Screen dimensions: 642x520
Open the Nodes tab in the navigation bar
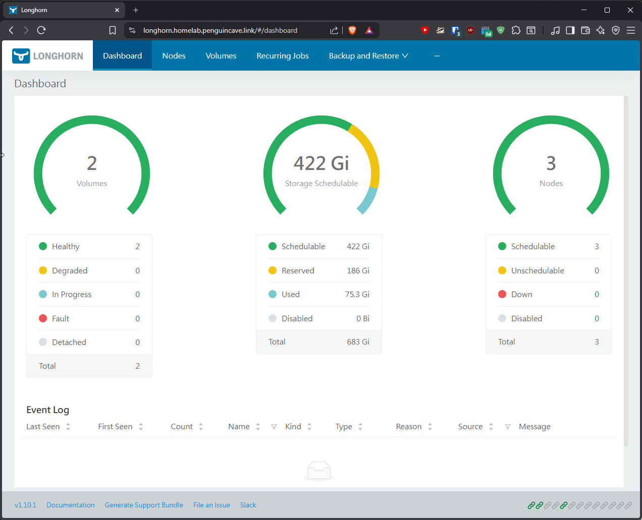point(174,55)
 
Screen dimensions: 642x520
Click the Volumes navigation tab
point(221,55)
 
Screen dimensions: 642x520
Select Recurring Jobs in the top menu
point(283,55)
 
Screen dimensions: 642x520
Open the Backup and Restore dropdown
point(368,55)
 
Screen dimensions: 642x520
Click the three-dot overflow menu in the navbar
point(437,55)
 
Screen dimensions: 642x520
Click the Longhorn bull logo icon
point(21,55)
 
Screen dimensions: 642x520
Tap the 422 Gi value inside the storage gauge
point(322,163)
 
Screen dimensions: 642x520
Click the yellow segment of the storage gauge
point(369,150)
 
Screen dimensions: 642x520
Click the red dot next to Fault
point(43,318)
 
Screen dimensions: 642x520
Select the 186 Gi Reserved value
point(358,270)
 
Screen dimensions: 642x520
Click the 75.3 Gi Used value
point(357,294)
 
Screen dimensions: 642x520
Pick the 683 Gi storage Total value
point(358,342)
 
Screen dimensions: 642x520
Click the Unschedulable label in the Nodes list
point(538,270)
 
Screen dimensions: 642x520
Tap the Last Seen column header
point(43,426)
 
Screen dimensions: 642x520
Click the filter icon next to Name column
point(274,427)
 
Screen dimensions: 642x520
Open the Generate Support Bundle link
point(144,505)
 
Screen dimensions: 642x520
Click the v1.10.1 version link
point(25,505)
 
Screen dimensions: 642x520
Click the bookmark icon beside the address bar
point(113,30)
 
